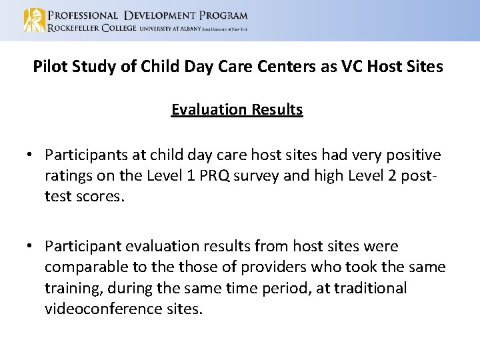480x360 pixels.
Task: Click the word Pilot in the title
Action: click(50, 67)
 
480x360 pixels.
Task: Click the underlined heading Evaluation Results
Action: click(237, 109)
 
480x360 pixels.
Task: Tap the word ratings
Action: click(69, 175)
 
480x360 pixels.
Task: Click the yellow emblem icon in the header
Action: click(34, 20)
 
